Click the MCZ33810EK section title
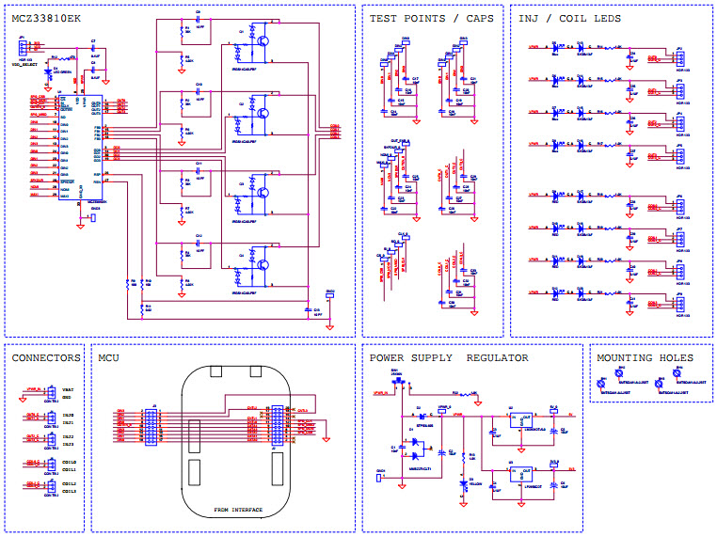pos(44,18)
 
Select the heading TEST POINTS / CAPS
pos(431,18)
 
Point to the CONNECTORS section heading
pos(46,357)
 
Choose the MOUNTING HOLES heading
pos(645,357)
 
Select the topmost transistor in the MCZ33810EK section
pos(266,41)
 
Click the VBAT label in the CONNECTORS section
pos(68,388)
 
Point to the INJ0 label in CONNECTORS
pos(68,414)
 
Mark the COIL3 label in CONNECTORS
pos(69,492)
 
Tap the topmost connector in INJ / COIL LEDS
pos(679,52)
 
